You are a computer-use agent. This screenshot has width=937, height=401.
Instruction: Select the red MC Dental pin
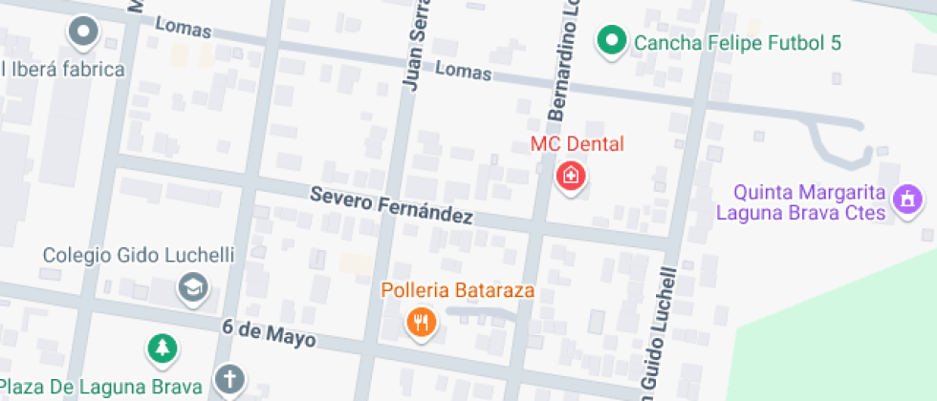[x=571, y=177]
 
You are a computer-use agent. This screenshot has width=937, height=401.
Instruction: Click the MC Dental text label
[x=577, y=144]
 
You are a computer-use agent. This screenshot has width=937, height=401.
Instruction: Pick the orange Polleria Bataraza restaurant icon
[x=422, y=321]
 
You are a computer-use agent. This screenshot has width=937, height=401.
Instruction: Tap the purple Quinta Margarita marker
[x=905, y=200]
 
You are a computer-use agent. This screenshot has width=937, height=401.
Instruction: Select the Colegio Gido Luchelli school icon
[x=193, y=285]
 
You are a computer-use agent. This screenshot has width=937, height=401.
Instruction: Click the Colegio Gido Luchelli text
[x=139, y=256]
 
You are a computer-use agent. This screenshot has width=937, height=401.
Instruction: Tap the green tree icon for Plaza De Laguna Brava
[x=163, y=348]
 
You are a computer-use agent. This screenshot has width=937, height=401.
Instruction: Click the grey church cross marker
[x=229, y=379]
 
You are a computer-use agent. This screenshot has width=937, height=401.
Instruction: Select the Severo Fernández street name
[x=391, y=204]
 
